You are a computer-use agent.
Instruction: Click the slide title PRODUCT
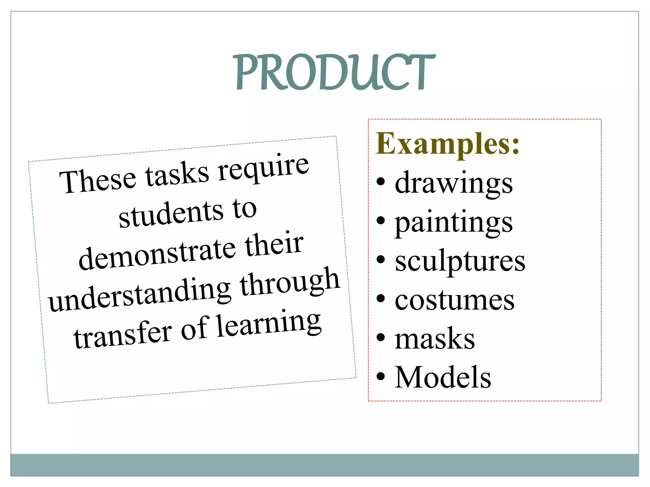[334, 72]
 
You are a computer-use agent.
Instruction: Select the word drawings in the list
[454, 183]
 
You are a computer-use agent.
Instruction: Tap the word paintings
[454, 223]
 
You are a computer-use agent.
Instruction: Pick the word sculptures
[460, 262]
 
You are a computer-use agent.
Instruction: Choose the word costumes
[454, 300]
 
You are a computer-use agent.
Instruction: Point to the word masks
[435, 339]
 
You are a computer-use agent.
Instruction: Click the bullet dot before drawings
[381, 182]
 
